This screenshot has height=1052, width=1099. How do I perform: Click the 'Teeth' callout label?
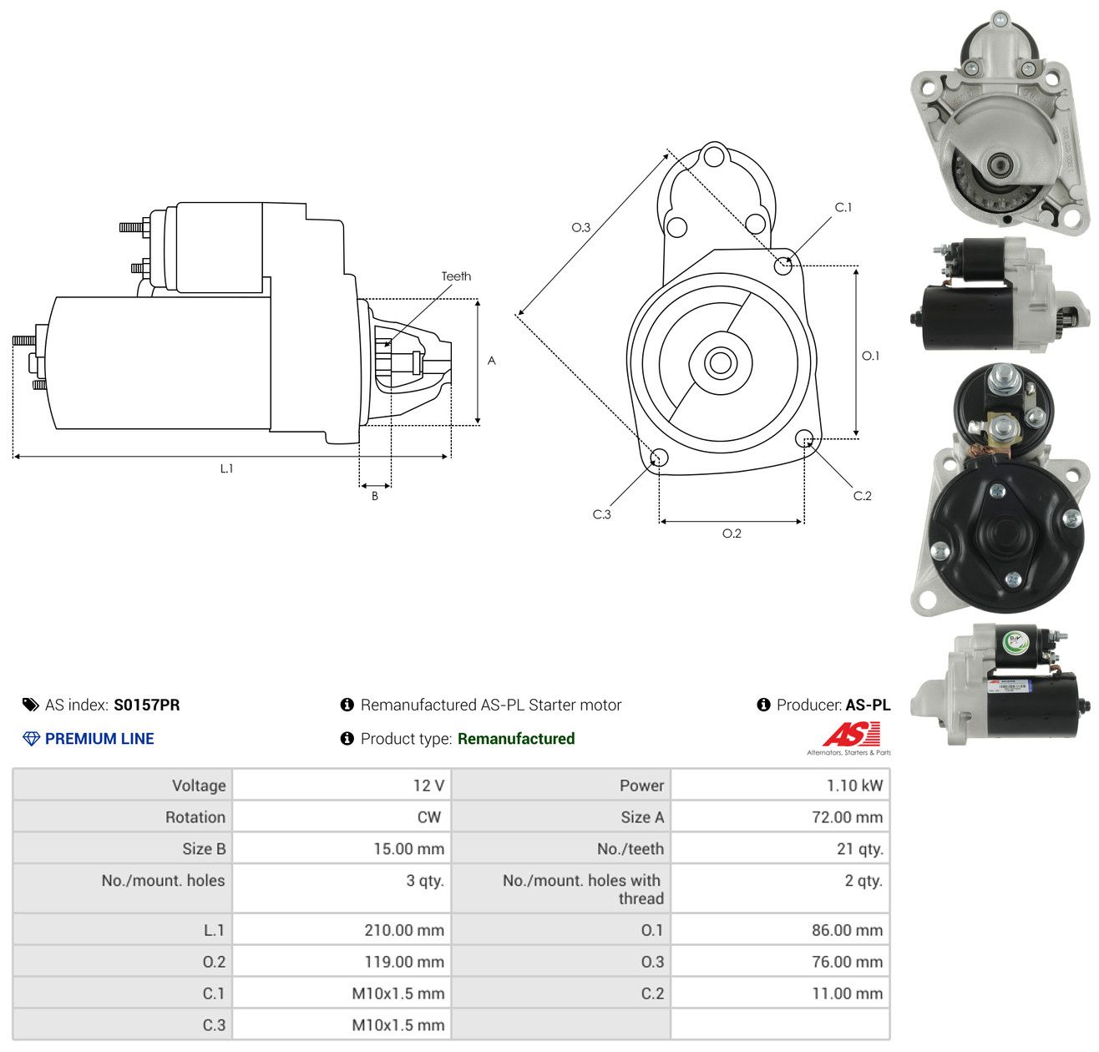coord(456,276)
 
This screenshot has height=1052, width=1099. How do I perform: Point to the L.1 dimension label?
coord(226,468)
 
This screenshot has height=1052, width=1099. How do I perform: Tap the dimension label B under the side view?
coord(374,496)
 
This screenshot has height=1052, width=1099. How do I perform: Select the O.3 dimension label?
coord(580,227)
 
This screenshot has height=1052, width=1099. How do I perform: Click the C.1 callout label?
coord(843,207)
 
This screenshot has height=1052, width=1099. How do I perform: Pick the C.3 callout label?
coord(601,514)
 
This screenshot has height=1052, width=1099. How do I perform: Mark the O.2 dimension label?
coord(732,533)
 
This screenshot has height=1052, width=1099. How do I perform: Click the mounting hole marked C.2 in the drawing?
coord(803,438)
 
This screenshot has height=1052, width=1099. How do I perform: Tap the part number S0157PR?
coord(147,705)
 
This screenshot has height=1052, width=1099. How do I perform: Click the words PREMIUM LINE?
coord(99,739)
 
